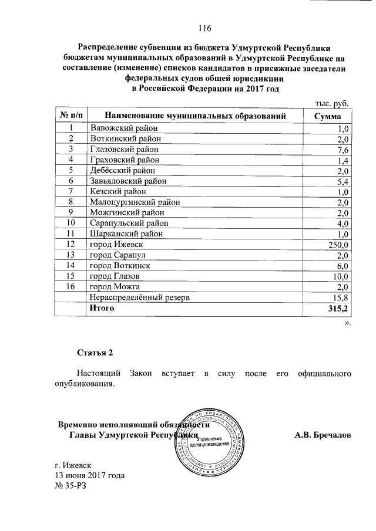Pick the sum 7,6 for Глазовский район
tap(344, 150)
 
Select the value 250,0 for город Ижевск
tap(339, 245)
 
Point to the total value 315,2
tap(338, 308)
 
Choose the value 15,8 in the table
tap(341, 297)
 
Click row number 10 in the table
tap(71, 223)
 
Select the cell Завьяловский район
tap(127, 181)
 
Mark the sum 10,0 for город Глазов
tap(341, 276)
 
